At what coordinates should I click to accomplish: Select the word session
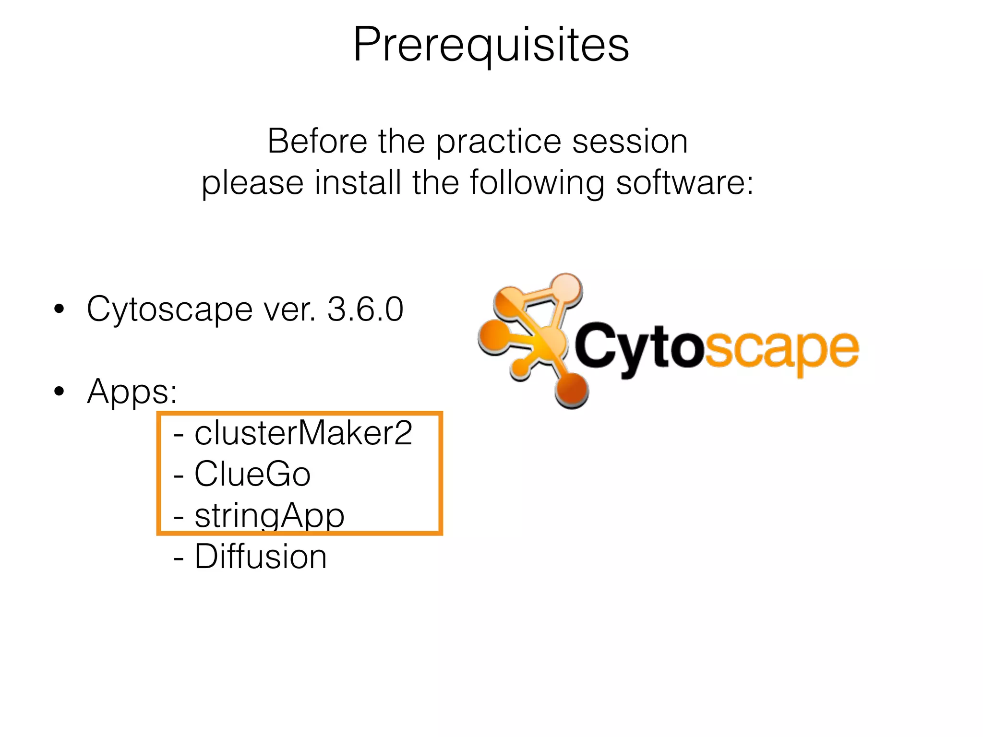tap(630, 142)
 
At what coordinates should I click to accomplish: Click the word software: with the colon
tap(685, 183)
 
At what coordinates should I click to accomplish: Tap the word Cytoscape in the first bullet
tap(169, 310)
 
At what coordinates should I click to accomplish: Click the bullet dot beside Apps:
tap(59, 392)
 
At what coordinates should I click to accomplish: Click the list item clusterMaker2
tap(303, 433)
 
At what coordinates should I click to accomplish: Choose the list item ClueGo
tap(252, 474)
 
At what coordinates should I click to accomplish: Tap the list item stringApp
tap(269, 516)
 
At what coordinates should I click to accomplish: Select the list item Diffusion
tap(260, 557)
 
